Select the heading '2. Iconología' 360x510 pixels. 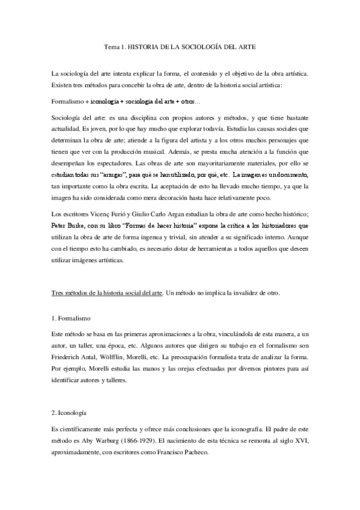(70, 414)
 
